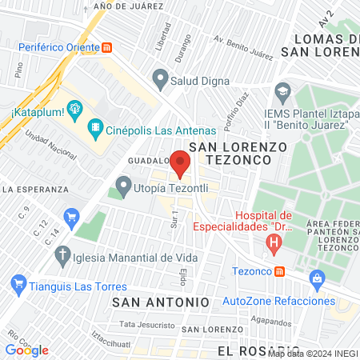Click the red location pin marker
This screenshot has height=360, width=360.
[x=180, y=163]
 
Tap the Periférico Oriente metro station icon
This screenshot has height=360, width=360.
[x=106, y=47]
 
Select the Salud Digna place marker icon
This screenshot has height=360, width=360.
[x=161, y=80]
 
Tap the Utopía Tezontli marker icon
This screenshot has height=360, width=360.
[x=122, y=187]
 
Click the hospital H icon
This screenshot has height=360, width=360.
[x=275, y=249]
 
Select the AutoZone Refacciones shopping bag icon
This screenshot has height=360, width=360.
[x=318, y=279]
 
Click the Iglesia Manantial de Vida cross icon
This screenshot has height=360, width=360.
[x=61, y=257]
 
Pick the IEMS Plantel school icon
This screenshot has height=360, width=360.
[x=281, y=89]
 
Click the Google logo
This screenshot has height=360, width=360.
[x=26, y=350]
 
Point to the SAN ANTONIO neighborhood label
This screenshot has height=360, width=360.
[x=161, y=302]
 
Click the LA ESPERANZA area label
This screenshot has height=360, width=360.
[x=32, y=190]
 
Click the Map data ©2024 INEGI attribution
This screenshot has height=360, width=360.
[x=313, y=354]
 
